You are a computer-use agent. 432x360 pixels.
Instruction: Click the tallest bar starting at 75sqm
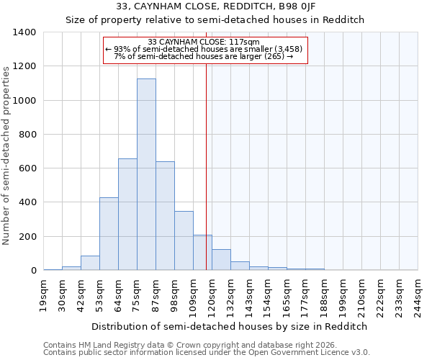pyautogui.click(x=146, y=174)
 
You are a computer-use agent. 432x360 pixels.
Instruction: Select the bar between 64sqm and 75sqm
pyautogui.click(x=127, y=215)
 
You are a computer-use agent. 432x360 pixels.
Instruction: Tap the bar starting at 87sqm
pyautogui.click(x=165, y=216)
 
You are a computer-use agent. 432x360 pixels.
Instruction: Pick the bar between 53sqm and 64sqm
pyautogui.click(x=109, y=234)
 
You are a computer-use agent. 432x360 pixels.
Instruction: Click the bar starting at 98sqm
pyautogui.click(x=184, y=240)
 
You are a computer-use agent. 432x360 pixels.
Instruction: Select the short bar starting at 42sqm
pyautogui.click(x=90, y=263)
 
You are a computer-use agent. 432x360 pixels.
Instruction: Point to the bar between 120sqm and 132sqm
pyautogui.click(x=221, y=260)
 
